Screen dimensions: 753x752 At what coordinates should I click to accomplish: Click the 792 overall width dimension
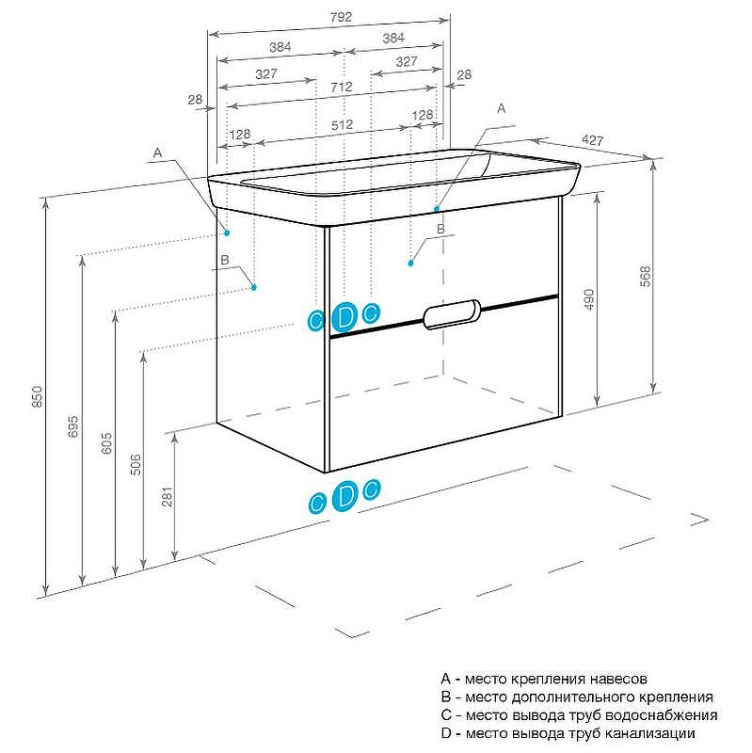point(328,15)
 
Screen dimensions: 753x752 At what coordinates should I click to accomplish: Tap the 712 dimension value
point(342,87)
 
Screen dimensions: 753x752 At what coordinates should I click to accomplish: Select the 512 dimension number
point(342,124)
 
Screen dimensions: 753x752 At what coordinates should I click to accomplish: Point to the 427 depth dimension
point(593,140)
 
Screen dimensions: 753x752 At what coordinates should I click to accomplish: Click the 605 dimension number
point(106,444)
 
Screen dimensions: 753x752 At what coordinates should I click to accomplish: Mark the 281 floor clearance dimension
point(168,499)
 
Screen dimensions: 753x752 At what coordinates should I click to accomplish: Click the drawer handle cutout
point(453,314)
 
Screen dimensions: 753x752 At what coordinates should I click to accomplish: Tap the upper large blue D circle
point(345,317)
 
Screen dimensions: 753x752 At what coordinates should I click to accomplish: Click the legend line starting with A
point(544,679)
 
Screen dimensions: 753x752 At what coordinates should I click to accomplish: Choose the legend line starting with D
point(568,733)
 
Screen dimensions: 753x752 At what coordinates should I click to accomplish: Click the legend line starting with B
point(577,697)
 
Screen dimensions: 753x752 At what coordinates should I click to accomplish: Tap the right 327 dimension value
point(406,61)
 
